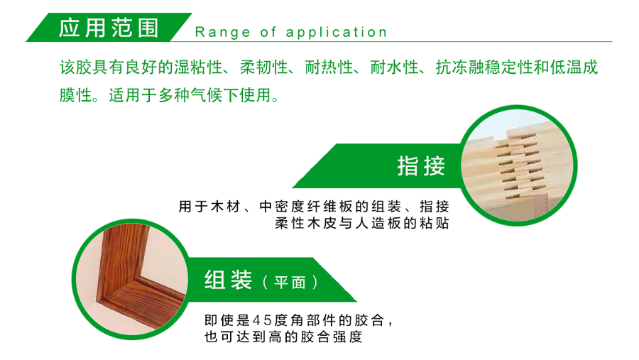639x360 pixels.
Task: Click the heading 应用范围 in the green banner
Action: tap(109, 28)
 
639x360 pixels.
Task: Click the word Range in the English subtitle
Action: tap(222, 32)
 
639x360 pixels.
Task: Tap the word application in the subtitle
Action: tap(337, 32)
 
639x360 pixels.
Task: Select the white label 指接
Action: tap(421, 166)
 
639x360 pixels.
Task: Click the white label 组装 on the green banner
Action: tap(228, 280)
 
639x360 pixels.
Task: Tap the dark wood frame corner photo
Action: tap(132, 280)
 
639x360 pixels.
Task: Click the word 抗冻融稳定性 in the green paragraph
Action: tap(484, 67)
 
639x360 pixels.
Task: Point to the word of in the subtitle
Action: tap(268, 32)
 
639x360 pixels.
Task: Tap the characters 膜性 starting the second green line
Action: tap(75, 95)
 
